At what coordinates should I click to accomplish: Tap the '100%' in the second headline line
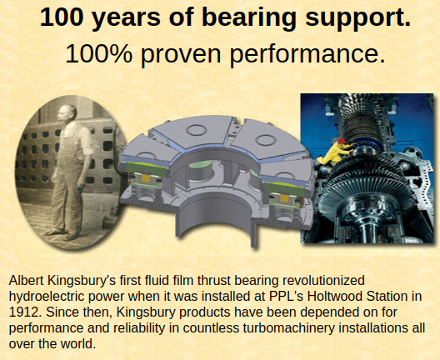(x=98, y=53)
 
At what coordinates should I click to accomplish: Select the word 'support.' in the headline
(x=357, y=17)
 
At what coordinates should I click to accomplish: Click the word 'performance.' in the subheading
(x=307, y=54)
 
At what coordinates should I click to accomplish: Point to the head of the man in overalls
(x=67, y=113)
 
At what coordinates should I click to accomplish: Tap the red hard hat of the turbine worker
(x=342, y=141)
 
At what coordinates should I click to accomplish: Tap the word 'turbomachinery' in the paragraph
(x=289, y=328)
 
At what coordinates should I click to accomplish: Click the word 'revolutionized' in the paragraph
(x=323, y=280)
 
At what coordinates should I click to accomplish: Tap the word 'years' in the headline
(x=126, y=18)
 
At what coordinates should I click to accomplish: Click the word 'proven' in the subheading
(x=181, y=54)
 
